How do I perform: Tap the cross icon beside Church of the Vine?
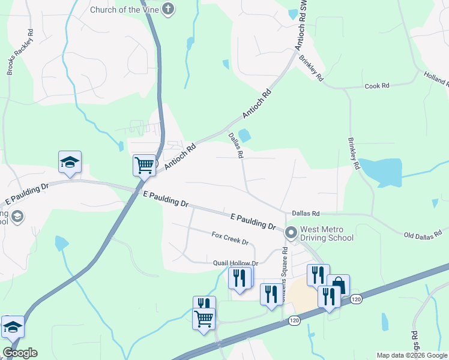(x=169, y=10)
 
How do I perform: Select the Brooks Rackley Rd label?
(x=19, y=52)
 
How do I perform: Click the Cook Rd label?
(x=377, y=86)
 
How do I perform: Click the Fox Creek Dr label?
(x=230, y=238)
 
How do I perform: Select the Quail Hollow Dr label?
(x=235, y=263)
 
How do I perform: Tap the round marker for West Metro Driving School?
(x=291, y=232)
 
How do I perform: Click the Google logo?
(x=20, y=353)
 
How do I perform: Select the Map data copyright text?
(x=412, y=355)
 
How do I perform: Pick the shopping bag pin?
(x=338, y=285)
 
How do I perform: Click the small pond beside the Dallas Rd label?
(x=244, y=136)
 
